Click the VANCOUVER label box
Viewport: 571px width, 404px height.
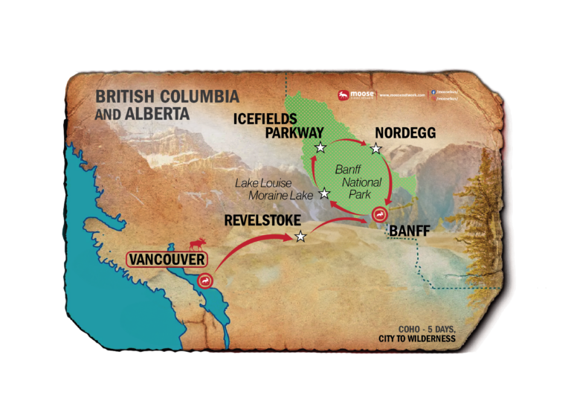click(166, 260)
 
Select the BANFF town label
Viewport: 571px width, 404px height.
click(410, 231)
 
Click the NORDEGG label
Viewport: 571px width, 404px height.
click(405, 133)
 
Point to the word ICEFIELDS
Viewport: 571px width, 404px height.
click(265, 119)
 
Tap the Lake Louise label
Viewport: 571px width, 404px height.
click(264, 182)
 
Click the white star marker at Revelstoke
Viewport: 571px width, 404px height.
click(300, 237)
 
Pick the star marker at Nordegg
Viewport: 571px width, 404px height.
click(376, 148)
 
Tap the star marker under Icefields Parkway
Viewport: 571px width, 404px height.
click(320, 147)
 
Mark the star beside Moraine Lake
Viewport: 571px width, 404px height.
click(324, 193)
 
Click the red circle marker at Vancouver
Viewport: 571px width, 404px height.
click(206, 280)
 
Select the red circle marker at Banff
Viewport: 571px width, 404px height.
click(378, 216)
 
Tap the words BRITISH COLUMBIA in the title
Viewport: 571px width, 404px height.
click(167, 97)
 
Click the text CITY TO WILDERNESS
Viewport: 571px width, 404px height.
click(416, 339)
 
